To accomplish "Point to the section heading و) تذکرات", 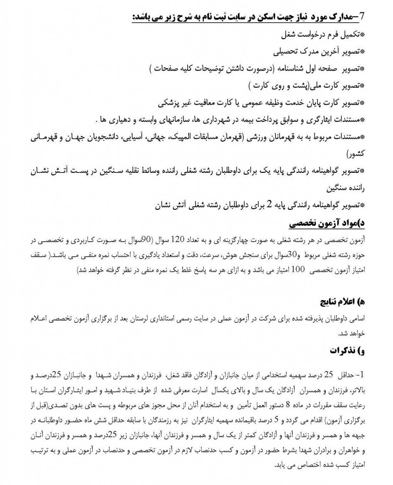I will tap(345, 350).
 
